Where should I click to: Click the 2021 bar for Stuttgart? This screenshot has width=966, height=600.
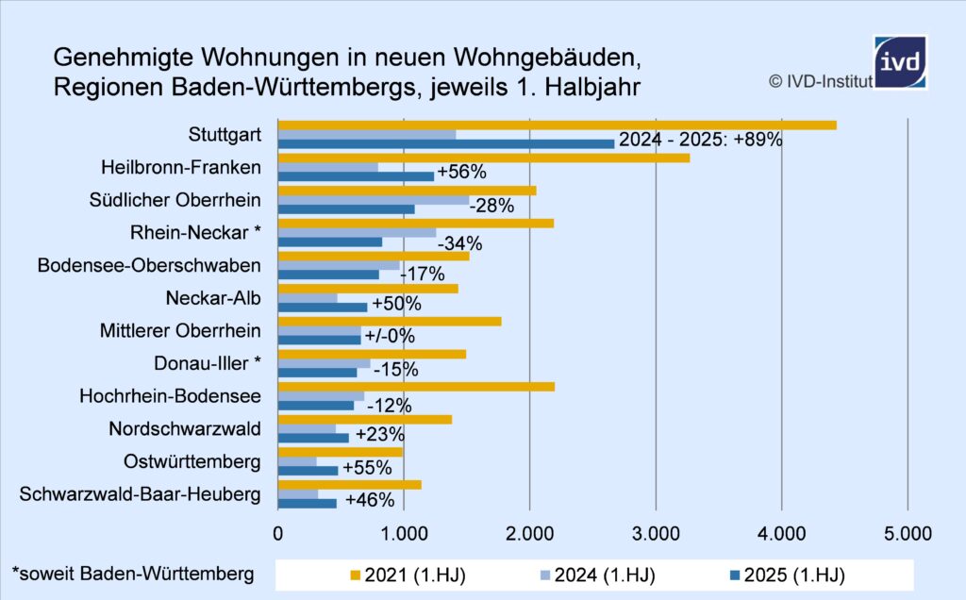coord(557,125)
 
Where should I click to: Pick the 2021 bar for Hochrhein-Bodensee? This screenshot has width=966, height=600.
coord(416,386)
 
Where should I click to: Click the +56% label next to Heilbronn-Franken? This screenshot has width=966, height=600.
coord(461,173)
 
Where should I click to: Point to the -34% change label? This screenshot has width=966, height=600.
coord(459,243)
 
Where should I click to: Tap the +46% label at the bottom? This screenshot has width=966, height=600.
coord(370,500)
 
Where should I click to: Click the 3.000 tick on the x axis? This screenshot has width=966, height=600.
coord(656,533)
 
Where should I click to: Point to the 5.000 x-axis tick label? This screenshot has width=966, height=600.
coord(907,533)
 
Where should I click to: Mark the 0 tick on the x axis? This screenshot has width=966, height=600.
coord(278,533)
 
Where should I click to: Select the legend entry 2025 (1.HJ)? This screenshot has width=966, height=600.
coord(792,575)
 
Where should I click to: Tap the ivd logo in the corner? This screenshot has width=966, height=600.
coord(899,61)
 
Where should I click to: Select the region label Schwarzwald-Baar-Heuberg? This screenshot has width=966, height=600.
coord(139,494)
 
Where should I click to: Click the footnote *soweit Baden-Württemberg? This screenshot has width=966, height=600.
coord(132,573)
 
